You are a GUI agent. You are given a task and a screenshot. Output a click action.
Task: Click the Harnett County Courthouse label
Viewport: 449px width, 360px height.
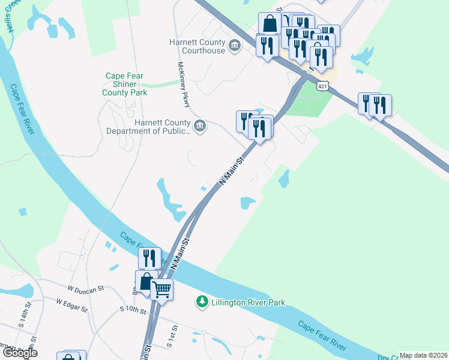click(x=197, y=46)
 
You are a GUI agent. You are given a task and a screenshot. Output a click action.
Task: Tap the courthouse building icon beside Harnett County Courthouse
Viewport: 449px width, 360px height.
click(x=234, y=46)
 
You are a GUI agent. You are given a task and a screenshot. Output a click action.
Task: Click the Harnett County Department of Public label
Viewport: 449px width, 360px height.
click(x=154, y=127)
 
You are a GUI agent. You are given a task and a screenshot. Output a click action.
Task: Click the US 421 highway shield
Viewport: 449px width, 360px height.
click(x=323, y=87)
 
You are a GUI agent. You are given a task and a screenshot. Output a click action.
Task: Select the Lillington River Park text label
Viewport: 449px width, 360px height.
click(x=248, y=303)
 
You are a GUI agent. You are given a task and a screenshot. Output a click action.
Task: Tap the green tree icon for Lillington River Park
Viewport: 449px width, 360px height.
click(x=203, y=301)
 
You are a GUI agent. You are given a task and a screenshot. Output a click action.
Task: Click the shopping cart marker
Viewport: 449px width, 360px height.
click(x=162, y=290)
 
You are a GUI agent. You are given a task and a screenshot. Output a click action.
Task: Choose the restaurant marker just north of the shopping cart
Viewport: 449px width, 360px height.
click(x=149, y=259)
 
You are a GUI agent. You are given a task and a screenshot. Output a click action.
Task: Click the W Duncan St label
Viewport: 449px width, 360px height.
click(x=85, y=289)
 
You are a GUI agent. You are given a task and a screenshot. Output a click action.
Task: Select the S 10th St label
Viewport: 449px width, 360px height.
click(x=133, y=311)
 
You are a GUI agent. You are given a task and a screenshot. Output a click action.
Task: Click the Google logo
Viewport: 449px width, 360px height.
click(x=19, y=353)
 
